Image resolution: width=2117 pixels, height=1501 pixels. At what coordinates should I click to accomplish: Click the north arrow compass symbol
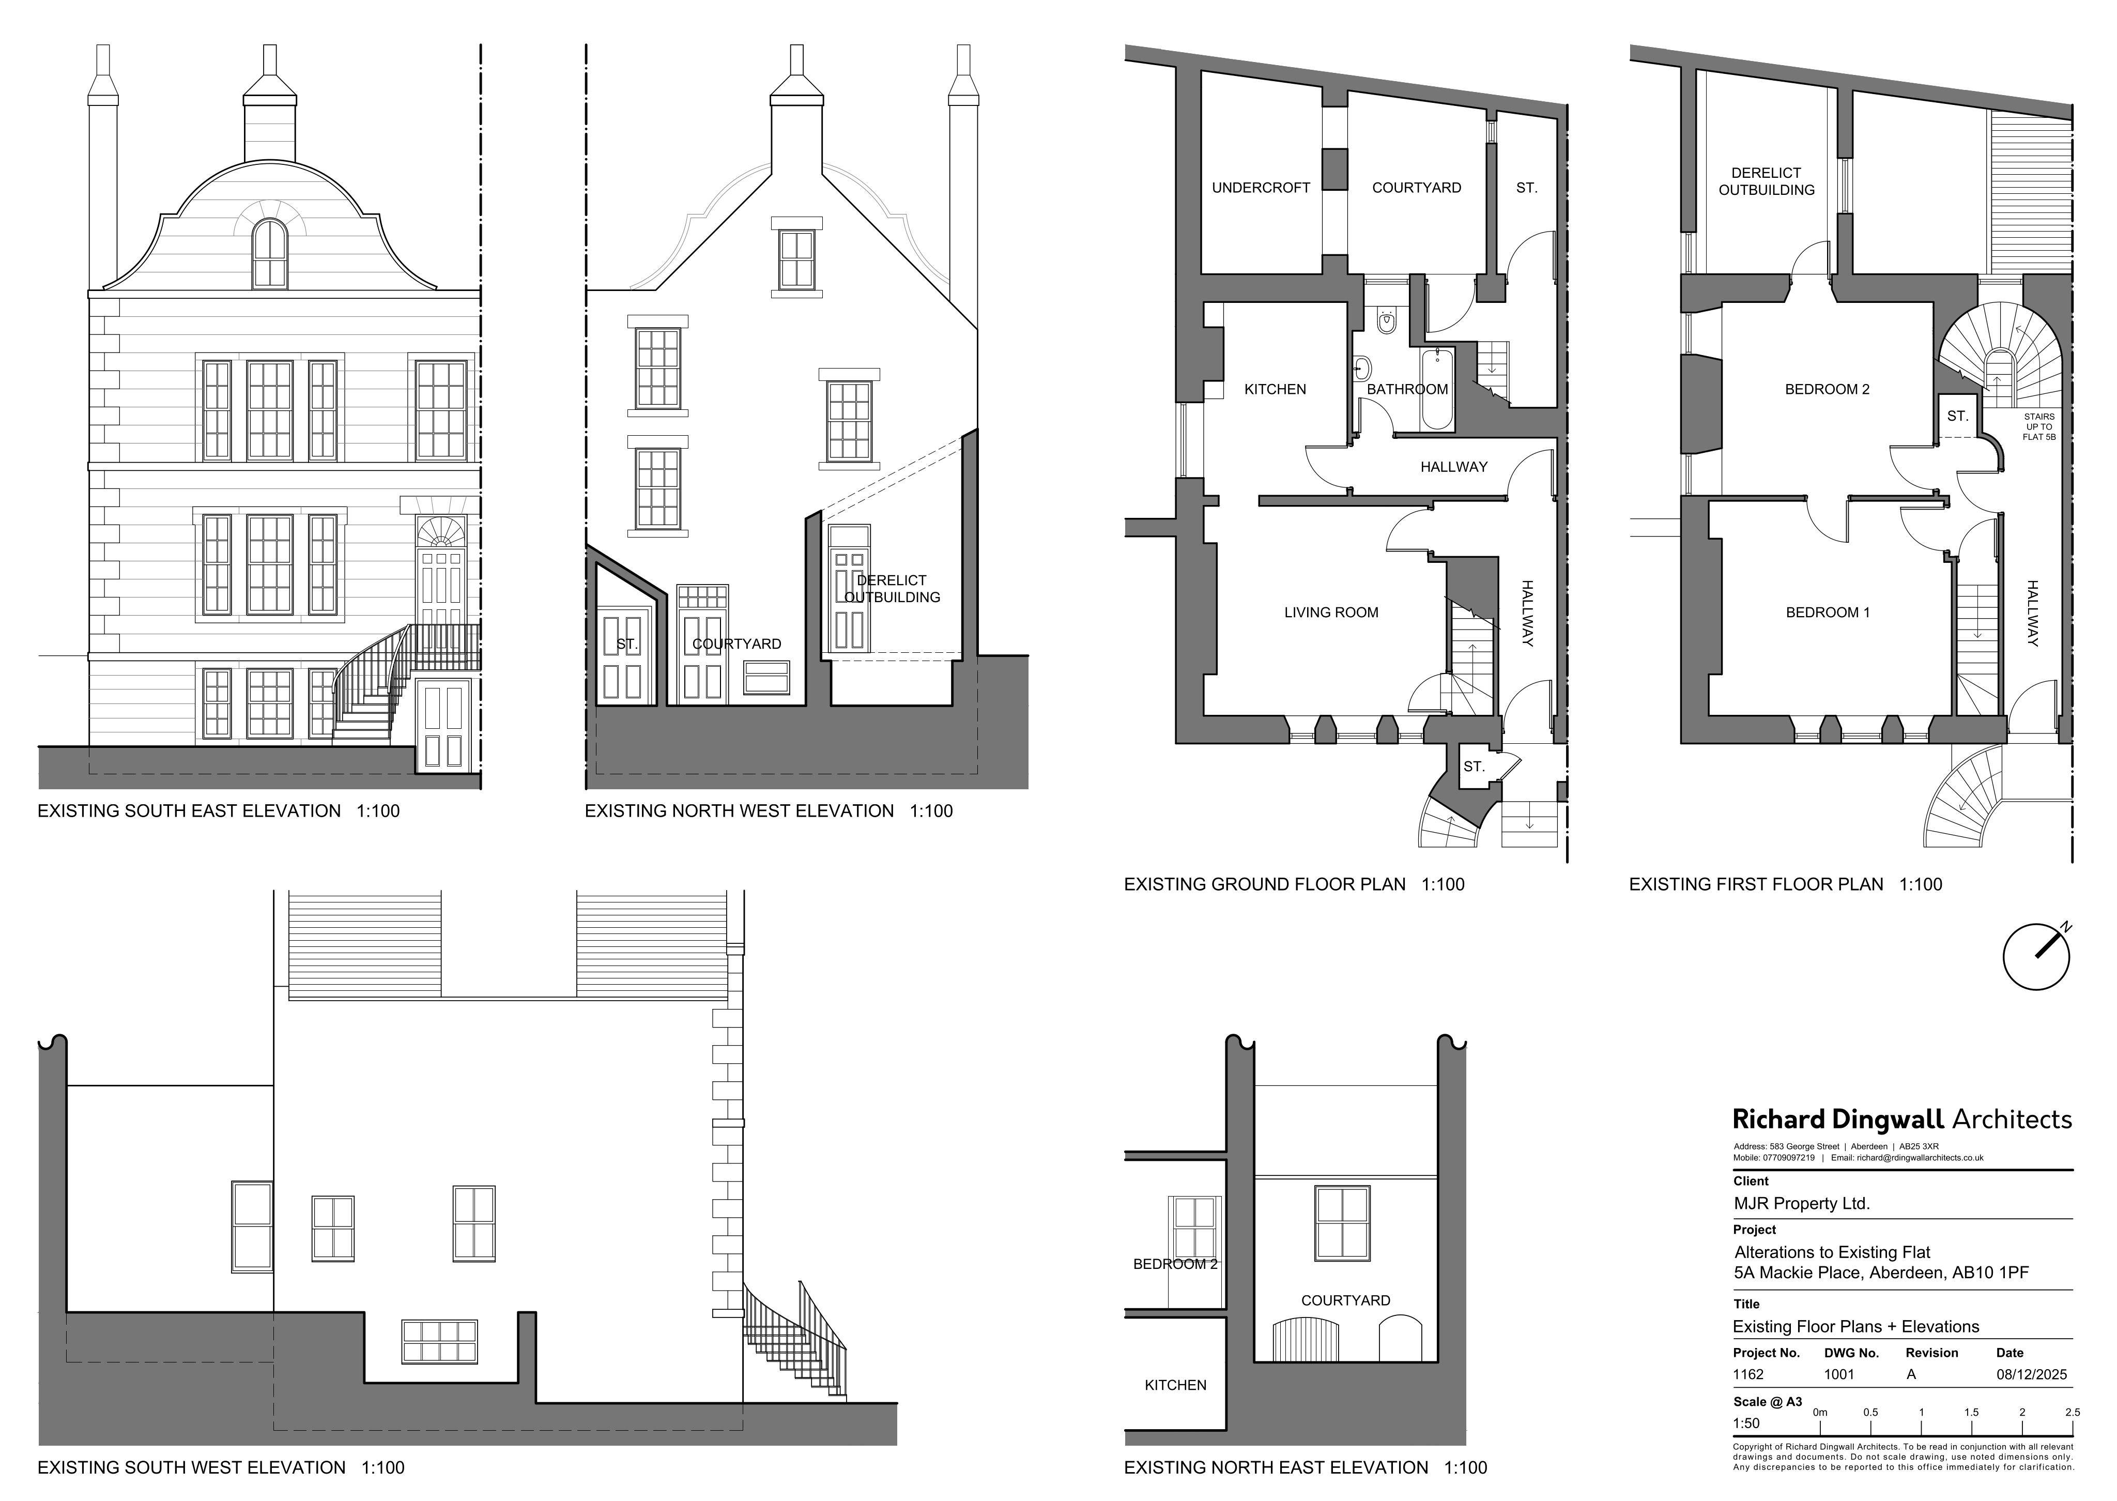pos(2036,957)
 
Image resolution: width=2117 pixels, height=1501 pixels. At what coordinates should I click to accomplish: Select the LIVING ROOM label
pos(1331,612)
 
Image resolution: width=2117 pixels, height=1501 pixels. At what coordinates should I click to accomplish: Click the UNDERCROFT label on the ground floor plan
pos(1261,188)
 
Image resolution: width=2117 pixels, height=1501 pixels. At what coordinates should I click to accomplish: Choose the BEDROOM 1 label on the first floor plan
pos(1827,612)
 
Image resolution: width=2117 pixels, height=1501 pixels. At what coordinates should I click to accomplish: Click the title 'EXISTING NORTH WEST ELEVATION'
pos(739,810)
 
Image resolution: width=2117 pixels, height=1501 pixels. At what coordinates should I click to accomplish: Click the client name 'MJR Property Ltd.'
pos(1801,1203)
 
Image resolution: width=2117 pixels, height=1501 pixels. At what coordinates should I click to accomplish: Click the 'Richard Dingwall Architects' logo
pos(1901,1119)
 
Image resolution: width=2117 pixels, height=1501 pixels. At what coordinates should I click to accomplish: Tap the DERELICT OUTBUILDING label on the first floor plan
pos(1766,181)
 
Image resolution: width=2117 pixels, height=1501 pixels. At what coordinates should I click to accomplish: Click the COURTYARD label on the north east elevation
pos(1345,1300)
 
